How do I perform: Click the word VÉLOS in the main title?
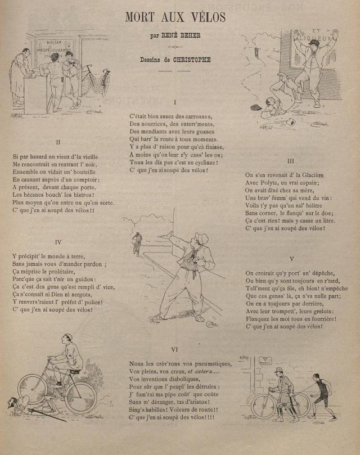tap(209, 17)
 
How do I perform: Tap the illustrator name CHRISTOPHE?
tap(192, 60)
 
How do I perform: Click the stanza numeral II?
tap(58, 142)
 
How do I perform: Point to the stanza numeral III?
tap(291, 161)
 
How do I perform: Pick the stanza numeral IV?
tap(58, 242)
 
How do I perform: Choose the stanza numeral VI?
tap(174, 350)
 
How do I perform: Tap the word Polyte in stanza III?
tap(267, 183)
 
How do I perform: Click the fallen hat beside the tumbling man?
tap(256, 107)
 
